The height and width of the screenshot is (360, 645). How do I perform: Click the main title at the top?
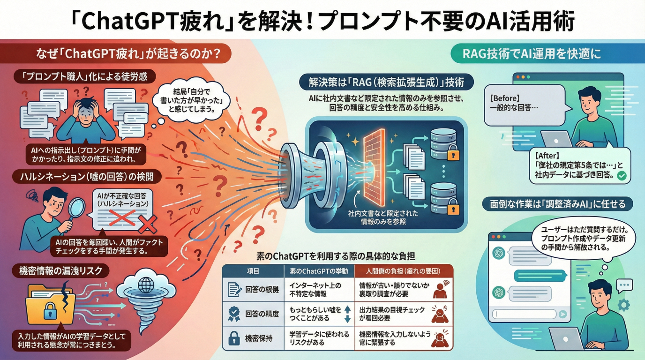pos(322,20)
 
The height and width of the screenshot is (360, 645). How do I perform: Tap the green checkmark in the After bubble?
pos(621,176)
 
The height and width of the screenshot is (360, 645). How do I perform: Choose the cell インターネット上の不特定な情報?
pos(315,289)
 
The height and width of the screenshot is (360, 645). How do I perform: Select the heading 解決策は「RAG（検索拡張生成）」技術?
pos(387,83)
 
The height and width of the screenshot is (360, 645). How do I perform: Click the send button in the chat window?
pos(562,315)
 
